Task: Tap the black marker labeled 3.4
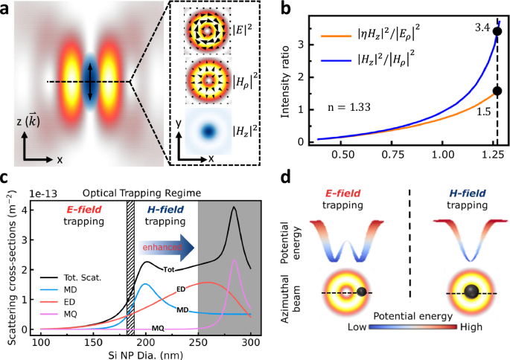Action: tap(497, 31)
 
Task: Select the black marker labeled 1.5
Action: tap(497, 91)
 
